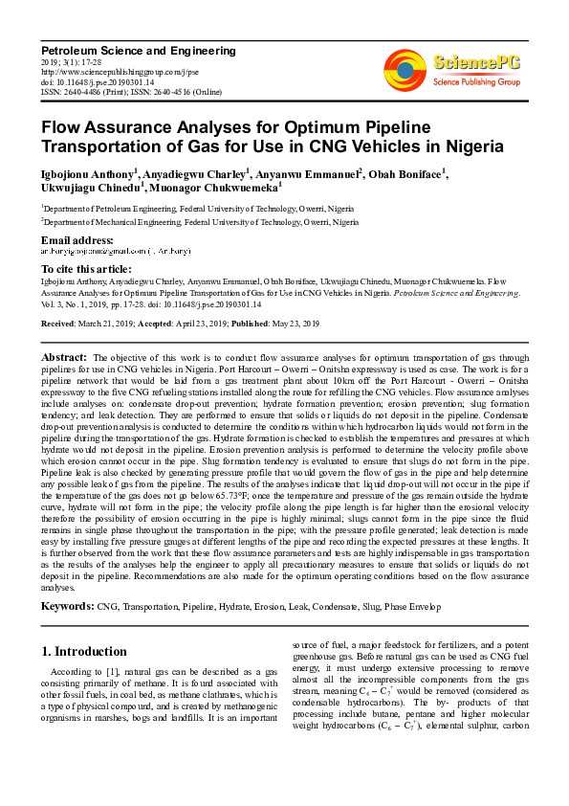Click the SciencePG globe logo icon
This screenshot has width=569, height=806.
pyautogui.click(x=405, y=67)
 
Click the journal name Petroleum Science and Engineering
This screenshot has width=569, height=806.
pyautogui.click(x=138, y=50)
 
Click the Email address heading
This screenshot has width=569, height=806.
pyautogui.click(x=77, y=239)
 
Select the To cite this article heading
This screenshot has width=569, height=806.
pyautogui.click(x=84, y=271)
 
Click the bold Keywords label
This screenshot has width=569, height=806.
pyautogui.click(x=67, y=607)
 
